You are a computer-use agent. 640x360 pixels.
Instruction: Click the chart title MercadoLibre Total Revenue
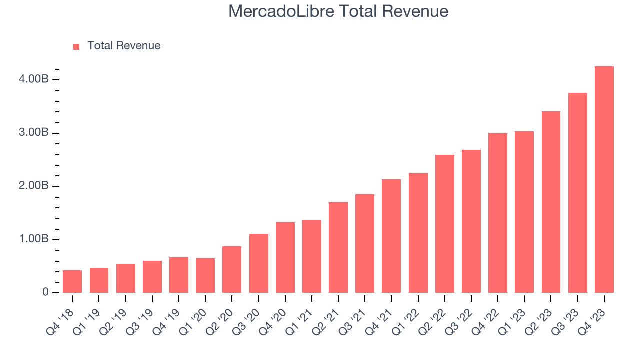point(338,11)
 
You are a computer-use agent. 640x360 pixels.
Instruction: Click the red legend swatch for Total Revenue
point(76,46)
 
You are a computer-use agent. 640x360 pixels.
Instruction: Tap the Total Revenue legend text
point(124,46)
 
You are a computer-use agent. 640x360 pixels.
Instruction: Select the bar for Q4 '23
point(604,180)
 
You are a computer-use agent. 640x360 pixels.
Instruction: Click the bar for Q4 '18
point(72,282)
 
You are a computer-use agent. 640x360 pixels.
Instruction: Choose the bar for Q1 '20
point(205,276)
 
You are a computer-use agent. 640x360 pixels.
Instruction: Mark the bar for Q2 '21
point(338,248)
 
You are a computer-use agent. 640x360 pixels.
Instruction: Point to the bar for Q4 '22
point(498,213)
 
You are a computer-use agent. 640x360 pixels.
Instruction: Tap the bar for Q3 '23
point(577,193)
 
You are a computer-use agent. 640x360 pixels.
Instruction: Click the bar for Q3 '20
point(258,263)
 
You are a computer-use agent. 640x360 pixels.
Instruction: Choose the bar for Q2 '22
point(445,224)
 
